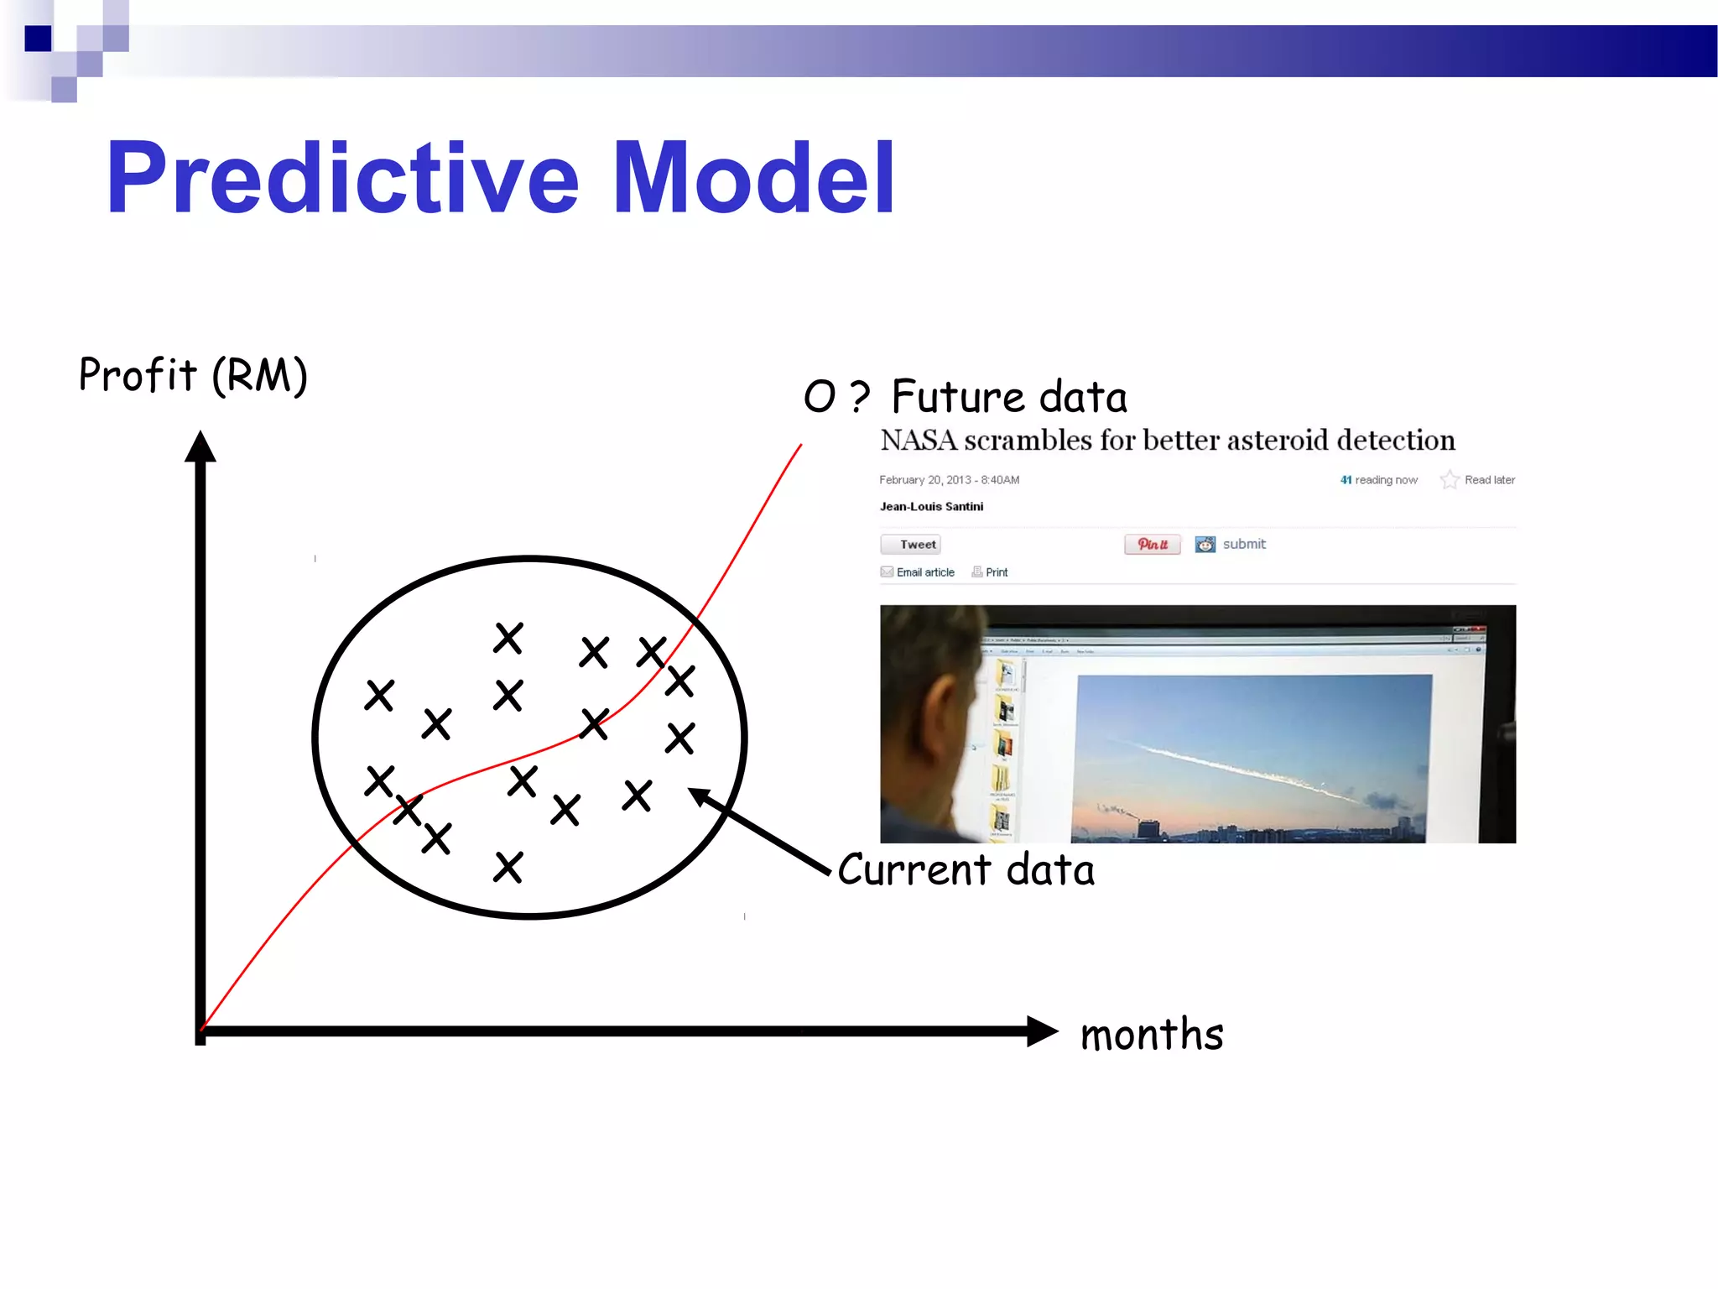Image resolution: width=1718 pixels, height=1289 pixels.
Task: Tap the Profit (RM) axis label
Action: click(x=193, y=375)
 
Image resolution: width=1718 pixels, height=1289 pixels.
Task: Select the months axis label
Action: click(x=1151, y=1034)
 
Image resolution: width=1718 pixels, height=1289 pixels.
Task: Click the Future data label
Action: click(x=1008, y=397)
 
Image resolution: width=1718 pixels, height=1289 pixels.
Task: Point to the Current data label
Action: click(x=966, y=869)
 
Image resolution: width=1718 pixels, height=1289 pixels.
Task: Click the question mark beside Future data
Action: click(x=859, y=397)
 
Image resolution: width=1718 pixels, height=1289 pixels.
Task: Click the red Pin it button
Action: click(x=1152, y=545)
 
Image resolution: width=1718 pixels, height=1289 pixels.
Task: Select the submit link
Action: click(x=1243, y=544)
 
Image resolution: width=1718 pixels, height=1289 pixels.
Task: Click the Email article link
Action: click(x=924, y=572)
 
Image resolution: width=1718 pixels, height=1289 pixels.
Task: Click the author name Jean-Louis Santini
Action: click(x=931, y=507)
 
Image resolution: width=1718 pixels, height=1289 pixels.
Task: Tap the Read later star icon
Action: click(x=1449, y=480)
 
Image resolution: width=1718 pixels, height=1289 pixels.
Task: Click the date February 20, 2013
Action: click(x=924, y=480)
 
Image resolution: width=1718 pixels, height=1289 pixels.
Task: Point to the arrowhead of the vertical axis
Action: click(x=200, y=446)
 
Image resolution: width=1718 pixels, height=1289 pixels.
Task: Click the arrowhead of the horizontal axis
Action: click(x=1042, y=1031)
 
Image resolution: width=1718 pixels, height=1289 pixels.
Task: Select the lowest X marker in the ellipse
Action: click(x=508, y=867)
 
